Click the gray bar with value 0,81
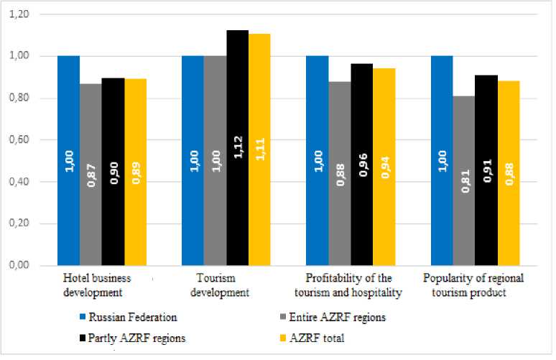pyautogui.click(x=463, y=180)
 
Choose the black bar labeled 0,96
pyautogui.click(x=361, y=165)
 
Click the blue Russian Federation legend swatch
pyautogui.click(x=83, y=316)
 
